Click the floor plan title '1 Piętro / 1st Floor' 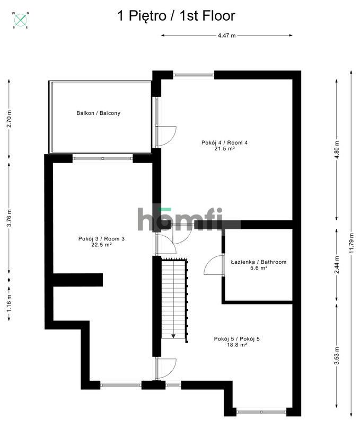[175, 16]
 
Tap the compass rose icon [21, 20]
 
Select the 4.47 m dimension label [226, 35]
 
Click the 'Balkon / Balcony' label [98, 113]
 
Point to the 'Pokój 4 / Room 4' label [225, 142]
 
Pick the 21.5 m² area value [225, 149]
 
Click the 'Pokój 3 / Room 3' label [101, 239]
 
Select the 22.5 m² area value [101, 245]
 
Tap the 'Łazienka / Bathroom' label [259, 262]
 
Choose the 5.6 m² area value [259, 269]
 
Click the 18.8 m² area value [238, 345]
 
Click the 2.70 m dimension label [9, 119]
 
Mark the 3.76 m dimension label [9, 218]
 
